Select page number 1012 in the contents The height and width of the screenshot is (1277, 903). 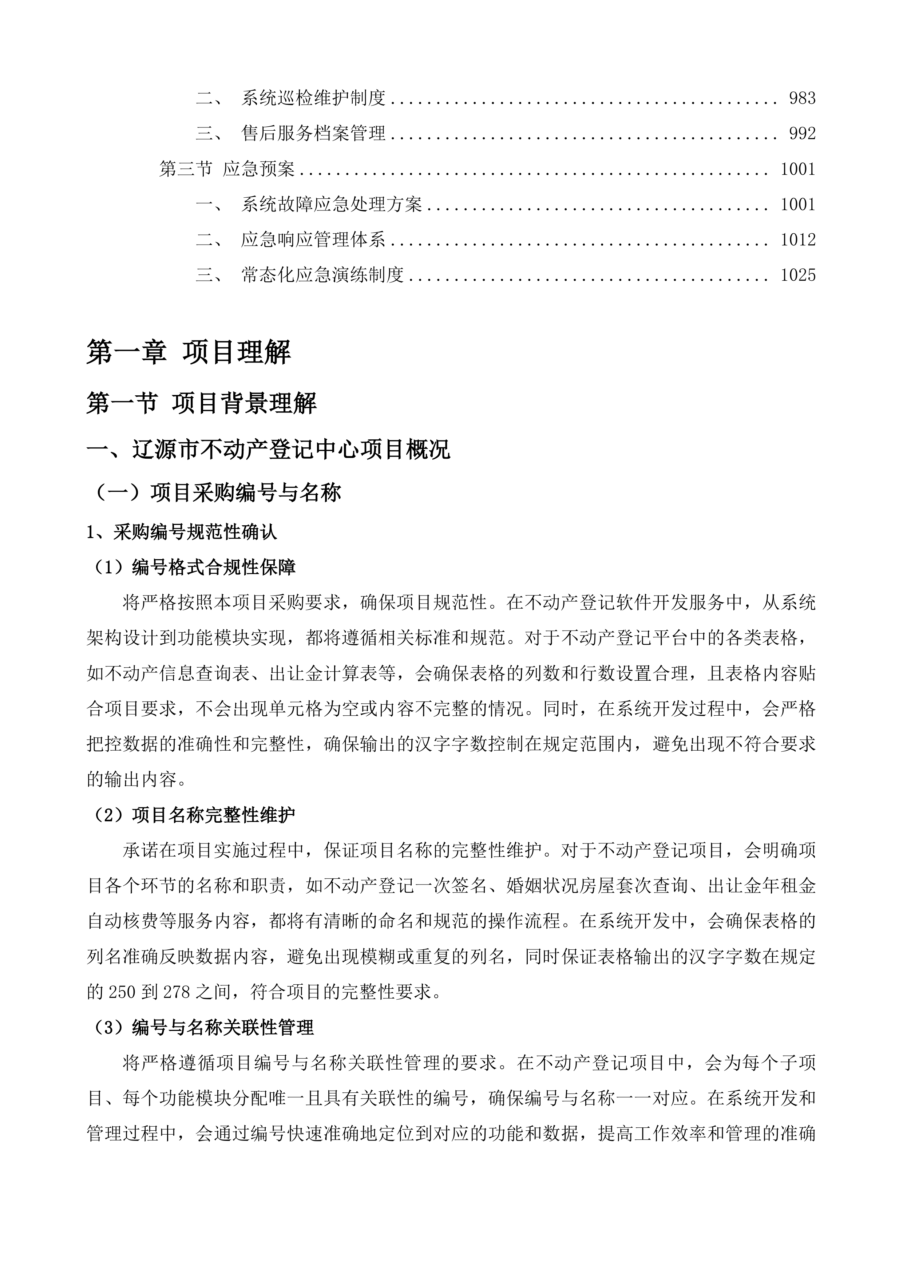(x=798, y=240)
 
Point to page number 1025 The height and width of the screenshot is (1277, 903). (x=798, y=275)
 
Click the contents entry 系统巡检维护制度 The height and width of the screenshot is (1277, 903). (x=313, y=98)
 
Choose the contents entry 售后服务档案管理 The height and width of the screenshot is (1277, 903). (x=313, y=134)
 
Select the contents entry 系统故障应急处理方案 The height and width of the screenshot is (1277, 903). (x=332, y=205)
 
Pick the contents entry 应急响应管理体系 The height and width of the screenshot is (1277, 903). (x=313, y=240)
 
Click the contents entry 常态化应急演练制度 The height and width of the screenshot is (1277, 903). (x=322, y=275)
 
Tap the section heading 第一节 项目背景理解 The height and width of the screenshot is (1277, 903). (x=201, y=403)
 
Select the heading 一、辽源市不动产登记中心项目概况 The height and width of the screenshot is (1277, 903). (x=268, y=450)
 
